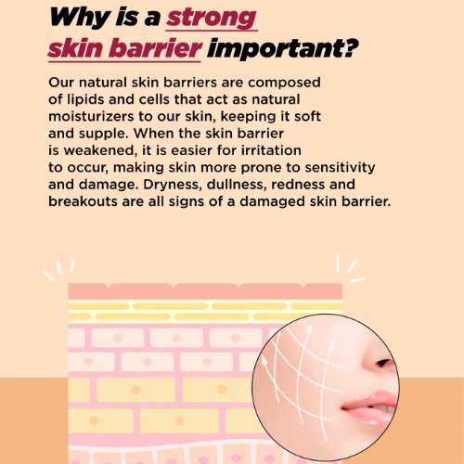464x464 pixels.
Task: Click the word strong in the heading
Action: click(x=212, y=19)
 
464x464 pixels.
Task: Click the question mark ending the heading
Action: click(x=350, y=47)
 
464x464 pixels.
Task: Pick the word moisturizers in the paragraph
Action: click(x=91, y=117)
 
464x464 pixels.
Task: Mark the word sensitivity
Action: click(x=340, y=168)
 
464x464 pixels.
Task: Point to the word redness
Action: click(x=298, y=185)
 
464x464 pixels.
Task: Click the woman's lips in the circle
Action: click(x=368, y=406)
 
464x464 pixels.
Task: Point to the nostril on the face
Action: click(x=383, y=362)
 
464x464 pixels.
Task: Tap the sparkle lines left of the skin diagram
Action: click(x=58, y=269)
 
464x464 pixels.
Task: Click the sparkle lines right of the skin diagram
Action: click(x=350, y=269)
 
